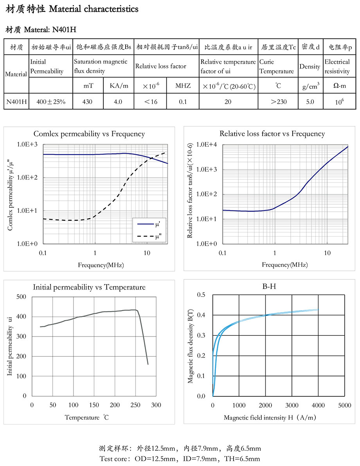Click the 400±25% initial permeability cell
[51, 102]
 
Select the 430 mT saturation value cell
[88, 102]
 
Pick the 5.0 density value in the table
[310, 102]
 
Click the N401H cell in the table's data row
[16, 102]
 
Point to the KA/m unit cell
[118, 86]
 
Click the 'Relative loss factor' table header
[161, 66]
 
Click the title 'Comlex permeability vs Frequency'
[89, 134]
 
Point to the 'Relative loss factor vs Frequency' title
[272, 134]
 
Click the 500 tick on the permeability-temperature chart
[22, 297]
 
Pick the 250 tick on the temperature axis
[135, 405]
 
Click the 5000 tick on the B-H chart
[344, 405]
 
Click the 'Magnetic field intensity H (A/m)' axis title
[270, 417]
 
